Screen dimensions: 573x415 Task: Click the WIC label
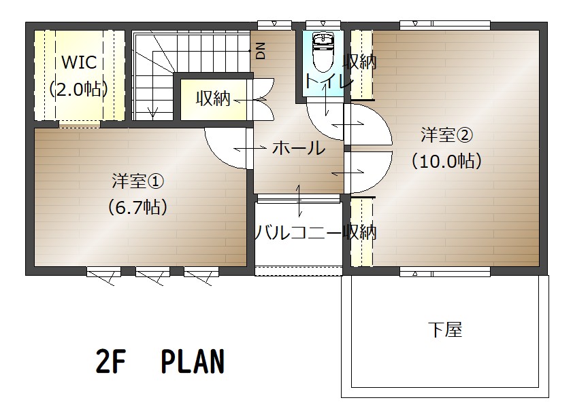[80, 62]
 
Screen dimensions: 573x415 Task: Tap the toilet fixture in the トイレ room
[323, 52]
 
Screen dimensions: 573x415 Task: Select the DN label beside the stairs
[261, 51]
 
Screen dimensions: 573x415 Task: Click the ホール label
[299, 148]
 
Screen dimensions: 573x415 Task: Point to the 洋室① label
[137, 181]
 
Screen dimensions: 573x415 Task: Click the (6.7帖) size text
[137, 207]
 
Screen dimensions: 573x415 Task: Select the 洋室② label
[446, 135]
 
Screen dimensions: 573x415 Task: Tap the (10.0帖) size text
[446, 161]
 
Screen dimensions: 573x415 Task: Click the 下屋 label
[445, 329]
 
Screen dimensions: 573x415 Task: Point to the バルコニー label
[299, 232]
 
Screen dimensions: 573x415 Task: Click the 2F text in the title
[110, 361]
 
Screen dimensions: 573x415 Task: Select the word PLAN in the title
[193, 361]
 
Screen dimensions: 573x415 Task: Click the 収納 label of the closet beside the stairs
[213, 98]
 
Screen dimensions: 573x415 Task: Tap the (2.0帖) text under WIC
[78, 88]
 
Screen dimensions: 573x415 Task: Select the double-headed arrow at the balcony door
[299, 200]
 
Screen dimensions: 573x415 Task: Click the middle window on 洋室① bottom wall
[152, 272]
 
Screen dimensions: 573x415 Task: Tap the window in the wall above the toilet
[323, 25]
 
